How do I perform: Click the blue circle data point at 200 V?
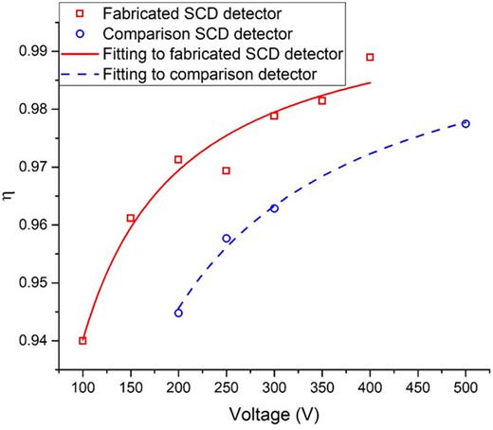pos(178,313)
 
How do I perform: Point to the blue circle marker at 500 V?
pos(466,124)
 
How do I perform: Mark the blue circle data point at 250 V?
pos(227,239)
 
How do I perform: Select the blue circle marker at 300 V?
pos(274,208)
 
